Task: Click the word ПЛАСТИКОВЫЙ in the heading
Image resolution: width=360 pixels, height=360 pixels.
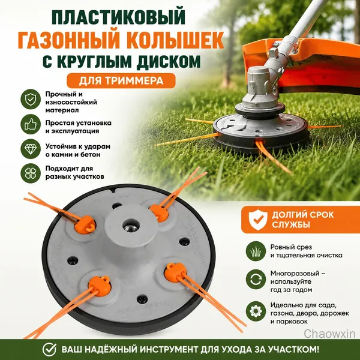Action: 119,17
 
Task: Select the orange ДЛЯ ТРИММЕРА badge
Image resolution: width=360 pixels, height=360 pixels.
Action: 121,80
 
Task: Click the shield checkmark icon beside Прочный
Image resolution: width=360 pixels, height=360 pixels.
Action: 31,99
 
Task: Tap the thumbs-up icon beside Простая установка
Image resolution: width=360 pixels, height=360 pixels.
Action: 31,124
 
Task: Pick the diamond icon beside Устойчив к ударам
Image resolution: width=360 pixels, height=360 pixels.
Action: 31,149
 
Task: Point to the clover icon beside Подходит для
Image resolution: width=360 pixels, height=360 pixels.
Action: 31,173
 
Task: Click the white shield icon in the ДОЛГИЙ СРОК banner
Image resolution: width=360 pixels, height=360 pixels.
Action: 258,220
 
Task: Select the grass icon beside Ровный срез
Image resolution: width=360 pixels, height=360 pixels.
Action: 256,251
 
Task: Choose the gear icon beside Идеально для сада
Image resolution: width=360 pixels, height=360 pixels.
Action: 256,311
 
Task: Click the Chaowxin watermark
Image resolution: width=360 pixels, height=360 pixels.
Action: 329,334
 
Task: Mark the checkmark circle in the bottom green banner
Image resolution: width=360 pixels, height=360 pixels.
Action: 49,349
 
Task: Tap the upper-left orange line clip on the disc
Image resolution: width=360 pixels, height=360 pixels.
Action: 85,224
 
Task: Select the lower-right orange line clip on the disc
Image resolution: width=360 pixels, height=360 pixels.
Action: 175,272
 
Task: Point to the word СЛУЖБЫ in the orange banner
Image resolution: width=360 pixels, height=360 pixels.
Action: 291,224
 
